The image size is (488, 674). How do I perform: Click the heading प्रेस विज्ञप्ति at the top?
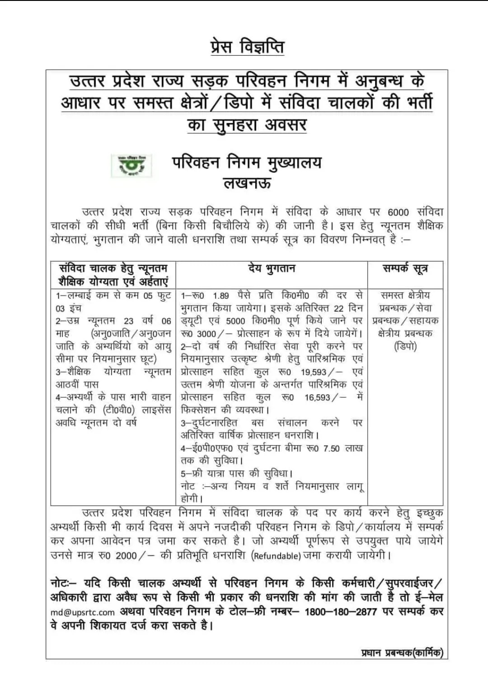[247, 47]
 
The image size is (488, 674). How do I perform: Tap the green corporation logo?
[131, 166]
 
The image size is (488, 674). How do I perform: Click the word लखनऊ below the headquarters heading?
[247, 183]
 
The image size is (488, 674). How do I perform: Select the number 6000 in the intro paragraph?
[398, 212]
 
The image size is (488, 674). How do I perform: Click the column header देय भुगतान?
[272, 269]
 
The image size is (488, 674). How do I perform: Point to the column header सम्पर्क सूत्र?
[405, 269]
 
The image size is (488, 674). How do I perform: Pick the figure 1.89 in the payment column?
[221, 296]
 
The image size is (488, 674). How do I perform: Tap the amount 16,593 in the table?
[317, 397]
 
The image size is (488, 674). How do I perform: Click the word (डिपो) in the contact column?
[405, 347]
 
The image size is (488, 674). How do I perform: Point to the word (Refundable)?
[276, 556]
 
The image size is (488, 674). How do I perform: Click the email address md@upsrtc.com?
[83, 613]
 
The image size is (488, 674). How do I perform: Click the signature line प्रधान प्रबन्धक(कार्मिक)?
[402, 653]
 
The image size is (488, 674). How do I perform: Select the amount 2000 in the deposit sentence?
[126, 556]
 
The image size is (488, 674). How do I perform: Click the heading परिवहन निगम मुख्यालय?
[247, 162]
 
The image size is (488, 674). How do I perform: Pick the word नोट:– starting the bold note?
[64, 584]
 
